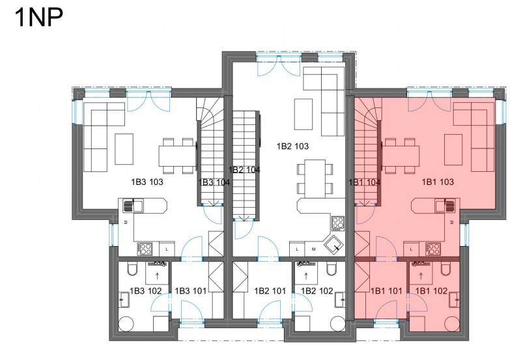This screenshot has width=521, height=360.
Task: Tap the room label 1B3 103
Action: (147, 182)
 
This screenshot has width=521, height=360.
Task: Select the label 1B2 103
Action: (292, 146)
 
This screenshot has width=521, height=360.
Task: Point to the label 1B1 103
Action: (438, 182)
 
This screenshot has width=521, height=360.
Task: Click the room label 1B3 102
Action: (145, 291)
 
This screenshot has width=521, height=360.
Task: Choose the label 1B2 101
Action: (270, 291)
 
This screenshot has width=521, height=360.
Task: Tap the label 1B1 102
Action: (431, 291)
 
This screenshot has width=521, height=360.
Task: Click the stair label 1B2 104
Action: (244, 170)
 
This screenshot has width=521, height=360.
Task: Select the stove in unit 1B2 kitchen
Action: (337, 223)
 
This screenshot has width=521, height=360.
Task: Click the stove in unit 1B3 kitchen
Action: (145, 249)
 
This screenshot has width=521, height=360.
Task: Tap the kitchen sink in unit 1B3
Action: (133, 206)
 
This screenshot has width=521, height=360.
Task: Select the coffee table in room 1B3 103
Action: (124, 149)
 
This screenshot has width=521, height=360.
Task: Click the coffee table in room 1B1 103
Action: (453, 150)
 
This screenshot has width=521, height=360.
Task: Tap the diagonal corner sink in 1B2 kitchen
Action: (335, 245)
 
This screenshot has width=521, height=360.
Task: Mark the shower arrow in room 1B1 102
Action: (421, 275)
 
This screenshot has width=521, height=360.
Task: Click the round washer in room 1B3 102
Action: (126, 324)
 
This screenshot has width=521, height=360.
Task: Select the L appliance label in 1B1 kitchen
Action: (412, 249)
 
